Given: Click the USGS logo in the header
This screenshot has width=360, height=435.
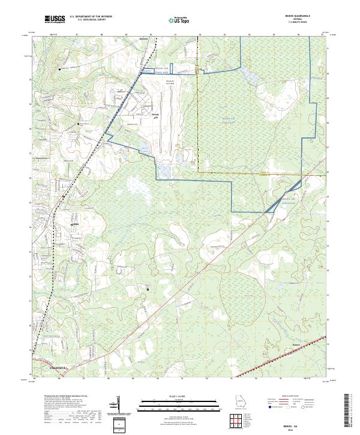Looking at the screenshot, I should coord(55,19).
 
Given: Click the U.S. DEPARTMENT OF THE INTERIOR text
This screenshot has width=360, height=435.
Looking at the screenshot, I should coord(91,17).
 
